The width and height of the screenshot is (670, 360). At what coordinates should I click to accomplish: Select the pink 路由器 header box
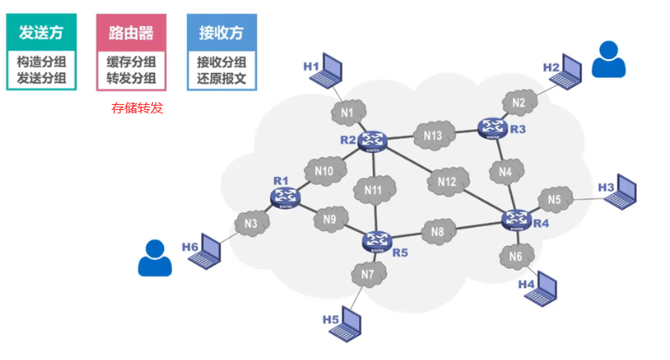click(x=131, y=33)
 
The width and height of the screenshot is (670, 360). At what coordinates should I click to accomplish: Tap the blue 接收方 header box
click(x=222, y=33)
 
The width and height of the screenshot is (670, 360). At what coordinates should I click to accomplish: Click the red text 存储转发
click(x=137, y=108)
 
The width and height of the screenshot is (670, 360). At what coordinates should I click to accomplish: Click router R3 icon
click(x=493, y=128)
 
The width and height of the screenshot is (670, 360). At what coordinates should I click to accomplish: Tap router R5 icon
click(x=376, y=241)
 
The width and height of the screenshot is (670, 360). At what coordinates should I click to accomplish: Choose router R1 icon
click(x=286, y=198)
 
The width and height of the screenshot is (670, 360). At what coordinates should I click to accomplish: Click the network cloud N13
click(x=433, y=135)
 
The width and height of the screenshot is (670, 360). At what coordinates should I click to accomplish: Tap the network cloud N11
click(x=374, y=189)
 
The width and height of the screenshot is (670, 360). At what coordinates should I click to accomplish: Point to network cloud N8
click(x=438, y=231)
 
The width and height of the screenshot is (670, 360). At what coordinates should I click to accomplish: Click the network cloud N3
click(x=251, y=223)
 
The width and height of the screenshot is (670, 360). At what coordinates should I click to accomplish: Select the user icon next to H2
click(x=608, y=60)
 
